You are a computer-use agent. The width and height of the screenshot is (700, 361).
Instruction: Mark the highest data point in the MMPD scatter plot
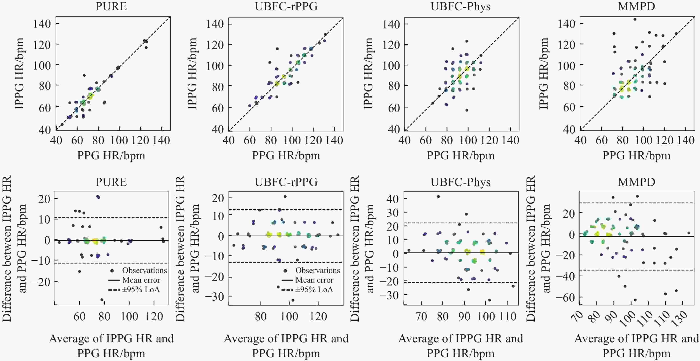click(635, 19)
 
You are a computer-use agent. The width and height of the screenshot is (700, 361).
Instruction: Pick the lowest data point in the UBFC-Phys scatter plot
click(467, 110)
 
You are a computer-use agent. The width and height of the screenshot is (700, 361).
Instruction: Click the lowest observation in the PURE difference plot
click(102, 300)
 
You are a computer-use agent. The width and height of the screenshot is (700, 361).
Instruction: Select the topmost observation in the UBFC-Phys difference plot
click(438, 196)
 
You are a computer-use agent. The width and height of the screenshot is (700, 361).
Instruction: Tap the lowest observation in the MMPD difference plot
click(635, 300)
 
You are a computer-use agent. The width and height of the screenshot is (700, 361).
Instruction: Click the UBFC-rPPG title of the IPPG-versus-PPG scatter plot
click(286, 6)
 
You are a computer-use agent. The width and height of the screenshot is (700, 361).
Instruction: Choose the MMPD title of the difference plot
click(636, 182)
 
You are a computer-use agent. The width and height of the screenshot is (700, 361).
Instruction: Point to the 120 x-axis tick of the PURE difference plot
click(154, 316)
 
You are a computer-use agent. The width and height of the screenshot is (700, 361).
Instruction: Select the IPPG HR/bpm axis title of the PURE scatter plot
click(19, 74)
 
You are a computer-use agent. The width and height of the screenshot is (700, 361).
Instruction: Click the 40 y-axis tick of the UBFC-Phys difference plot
click(392, 199)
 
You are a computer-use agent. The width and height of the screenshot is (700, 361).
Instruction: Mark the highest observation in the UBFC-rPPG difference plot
click(285, 196)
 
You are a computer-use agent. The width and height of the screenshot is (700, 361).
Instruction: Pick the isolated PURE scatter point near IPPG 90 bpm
click(84, 75)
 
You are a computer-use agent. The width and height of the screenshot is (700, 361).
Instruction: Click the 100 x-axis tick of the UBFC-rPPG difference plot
click(289, 316)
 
